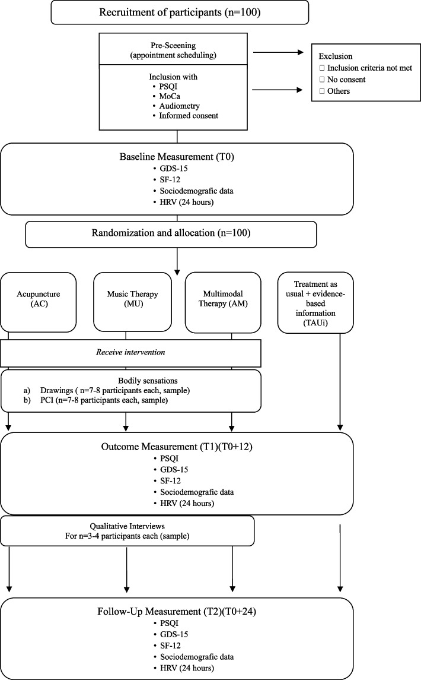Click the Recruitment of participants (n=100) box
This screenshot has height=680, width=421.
[x=180, y=12]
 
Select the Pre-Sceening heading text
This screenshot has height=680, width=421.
[x=173, y=45]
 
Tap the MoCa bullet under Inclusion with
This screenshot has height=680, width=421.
[x=170, y=96]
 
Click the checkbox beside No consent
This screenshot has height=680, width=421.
[x=322, y=80]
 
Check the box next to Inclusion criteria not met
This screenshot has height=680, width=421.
[x=322, y=68]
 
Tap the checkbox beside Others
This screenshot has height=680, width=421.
[x=322, y=91]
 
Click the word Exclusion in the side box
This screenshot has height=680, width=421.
[x=335, y=56]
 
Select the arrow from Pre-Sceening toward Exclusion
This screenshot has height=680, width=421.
[x=278, y=52]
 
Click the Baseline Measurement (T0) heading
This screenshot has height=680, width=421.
[x=177, y=157]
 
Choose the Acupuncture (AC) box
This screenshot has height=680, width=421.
[x=39, y=302]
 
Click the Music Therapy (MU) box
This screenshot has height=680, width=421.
[x=133, y=302]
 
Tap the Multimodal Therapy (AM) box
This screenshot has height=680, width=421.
[x=223, y=302]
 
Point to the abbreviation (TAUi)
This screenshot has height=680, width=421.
[x=315, y=322]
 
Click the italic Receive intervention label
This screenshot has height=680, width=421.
[x=130, y=352]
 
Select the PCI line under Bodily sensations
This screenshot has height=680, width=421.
[x=95, y=400]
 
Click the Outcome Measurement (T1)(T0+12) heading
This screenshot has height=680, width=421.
[x=177, y=447]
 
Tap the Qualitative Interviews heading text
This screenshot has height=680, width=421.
[x=127, y=526]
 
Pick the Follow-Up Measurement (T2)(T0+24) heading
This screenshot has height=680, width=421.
[x=177, y=612]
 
